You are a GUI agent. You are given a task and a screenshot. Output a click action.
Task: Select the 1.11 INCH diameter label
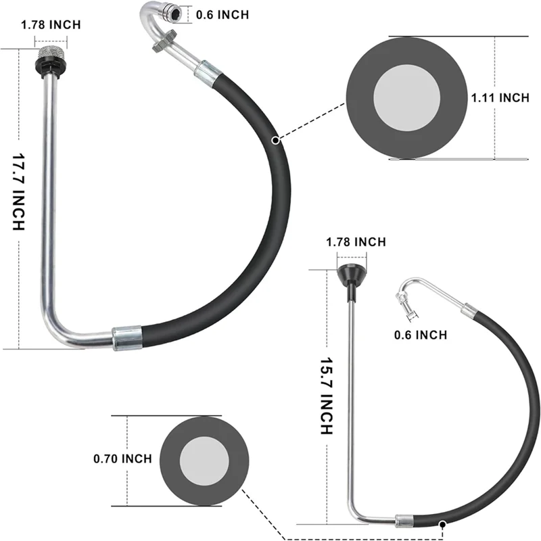tap(500, 98)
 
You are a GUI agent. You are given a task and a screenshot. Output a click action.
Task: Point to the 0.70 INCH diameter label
tap(122, 459)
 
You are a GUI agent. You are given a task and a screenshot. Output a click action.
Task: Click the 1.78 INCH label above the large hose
tap(51, 25)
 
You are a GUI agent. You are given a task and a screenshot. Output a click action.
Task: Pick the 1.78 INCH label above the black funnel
tap(356, 241)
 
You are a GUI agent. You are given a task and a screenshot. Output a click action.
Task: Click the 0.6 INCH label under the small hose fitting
tap(421, 334)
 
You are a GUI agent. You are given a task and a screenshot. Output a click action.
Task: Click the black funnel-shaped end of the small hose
tap(352, 276)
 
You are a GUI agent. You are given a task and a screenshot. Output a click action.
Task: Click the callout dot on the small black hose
tap(442, 523)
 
